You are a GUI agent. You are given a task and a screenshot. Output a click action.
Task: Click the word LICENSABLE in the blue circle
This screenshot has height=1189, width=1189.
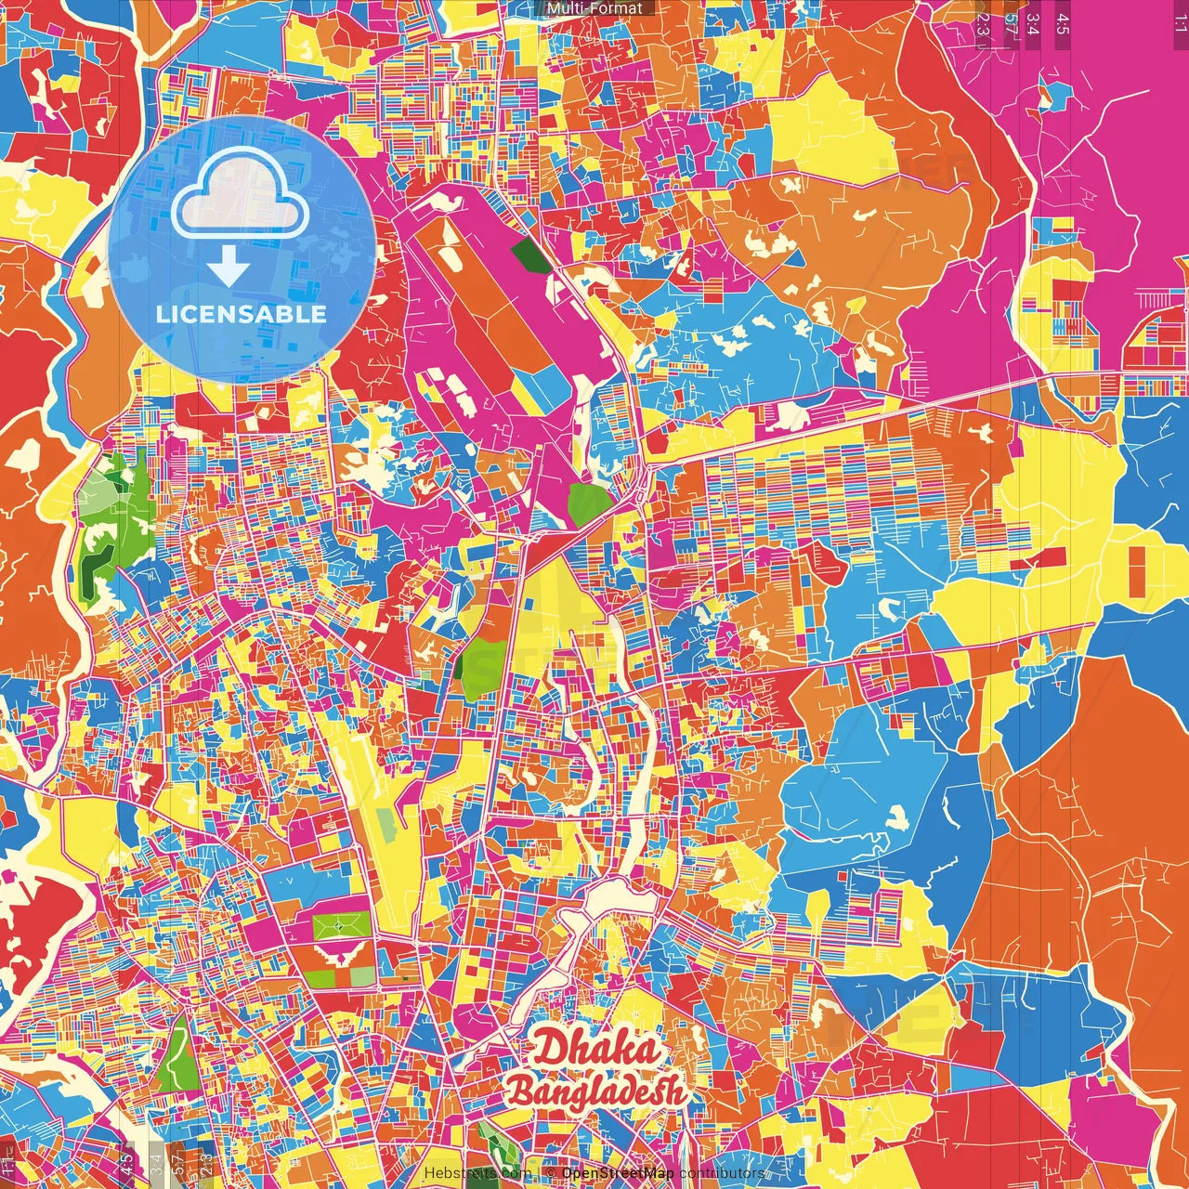[x=242, y=314]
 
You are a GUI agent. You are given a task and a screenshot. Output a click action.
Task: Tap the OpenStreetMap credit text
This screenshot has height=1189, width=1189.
[x=617, y=1172]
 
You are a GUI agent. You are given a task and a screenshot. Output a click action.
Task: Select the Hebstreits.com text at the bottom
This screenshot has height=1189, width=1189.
[x=477, y=1173]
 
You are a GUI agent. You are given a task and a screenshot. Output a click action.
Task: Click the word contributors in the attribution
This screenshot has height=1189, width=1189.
[x=722, y=1172]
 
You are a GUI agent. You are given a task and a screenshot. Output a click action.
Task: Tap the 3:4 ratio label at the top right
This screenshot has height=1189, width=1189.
[x=1033, y=24]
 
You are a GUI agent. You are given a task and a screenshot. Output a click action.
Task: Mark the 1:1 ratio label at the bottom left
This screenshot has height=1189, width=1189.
[x=7, y=1162]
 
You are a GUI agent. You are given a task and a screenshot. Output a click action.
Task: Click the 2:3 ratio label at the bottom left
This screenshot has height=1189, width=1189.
[x=206, y=1162]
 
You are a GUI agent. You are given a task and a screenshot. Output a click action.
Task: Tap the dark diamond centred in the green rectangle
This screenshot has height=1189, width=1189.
[x=340, y=926]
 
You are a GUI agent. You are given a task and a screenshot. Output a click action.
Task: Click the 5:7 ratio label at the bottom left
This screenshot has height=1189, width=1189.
[x=178, y=1162]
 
